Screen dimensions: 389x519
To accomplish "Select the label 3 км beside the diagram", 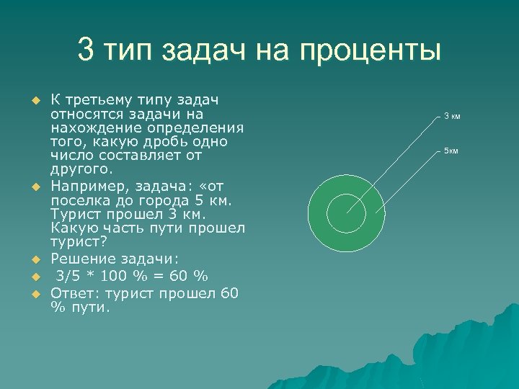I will tap(452, 116).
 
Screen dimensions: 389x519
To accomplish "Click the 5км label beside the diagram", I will tap(451, 151).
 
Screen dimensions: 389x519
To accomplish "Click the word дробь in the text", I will tap(154, 141).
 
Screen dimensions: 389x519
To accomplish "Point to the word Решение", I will tap(80, 259).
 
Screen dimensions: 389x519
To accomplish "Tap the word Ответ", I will tap(74, 293).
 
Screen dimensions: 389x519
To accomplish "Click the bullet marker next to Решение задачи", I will tap(32, 259).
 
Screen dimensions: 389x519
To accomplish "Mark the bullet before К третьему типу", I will tap(32, 99).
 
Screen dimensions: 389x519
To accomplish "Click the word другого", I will tap(81, 169).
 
